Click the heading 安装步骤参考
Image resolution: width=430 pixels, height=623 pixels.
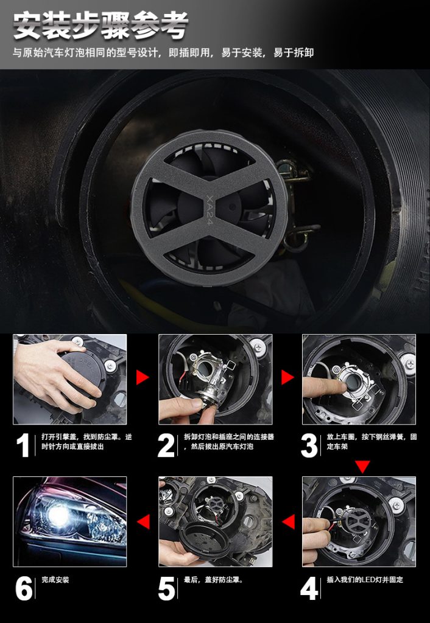(101, 26)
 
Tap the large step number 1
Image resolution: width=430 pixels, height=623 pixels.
(23, 445)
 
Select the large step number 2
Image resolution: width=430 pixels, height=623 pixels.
(166, 445)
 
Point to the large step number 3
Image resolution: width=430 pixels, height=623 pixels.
(309, 445)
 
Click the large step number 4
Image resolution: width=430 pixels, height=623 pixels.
(309, 588)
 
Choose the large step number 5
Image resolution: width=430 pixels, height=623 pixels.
(166, 588)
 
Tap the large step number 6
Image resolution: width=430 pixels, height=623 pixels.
(24, 588)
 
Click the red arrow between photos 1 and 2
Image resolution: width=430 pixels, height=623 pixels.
(143, 377)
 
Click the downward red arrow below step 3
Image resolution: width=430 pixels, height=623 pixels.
(362, 467)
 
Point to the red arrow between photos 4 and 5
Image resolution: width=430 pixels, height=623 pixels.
(288, 521)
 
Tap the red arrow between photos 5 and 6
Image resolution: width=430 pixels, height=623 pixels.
(143, 521)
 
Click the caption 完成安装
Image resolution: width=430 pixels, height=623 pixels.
(55, 580)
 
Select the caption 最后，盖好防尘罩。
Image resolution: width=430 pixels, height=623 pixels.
(213, 580)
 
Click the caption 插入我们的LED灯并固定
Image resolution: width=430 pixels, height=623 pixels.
(365, 580)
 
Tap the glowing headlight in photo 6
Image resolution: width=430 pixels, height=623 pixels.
(59, 517)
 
